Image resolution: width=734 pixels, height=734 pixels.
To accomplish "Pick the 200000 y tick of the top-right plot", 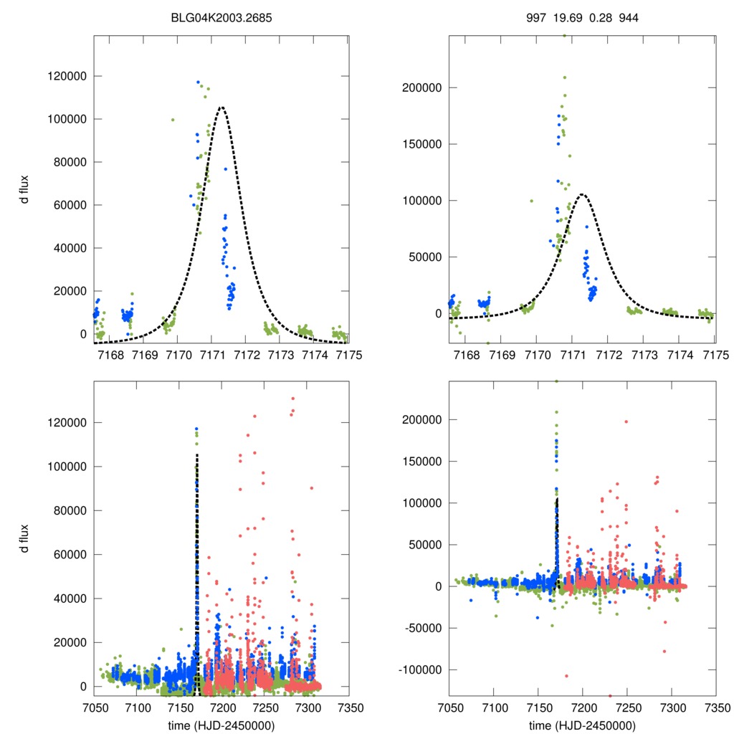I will coord(419,87).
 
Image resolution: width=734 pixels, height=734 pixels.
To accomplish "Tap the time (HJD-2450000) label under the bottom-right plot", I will coord(582,725).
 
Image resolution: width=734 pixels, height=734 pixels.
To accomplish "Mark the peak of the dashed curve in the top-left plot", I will coord(221,108).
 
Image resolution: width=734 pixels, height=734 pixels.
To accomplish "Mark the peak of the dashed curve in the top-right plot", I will coord(583,194).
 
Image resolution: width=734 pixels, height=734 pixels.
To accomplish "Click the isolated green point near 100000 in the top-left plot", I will coord(173,120).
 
